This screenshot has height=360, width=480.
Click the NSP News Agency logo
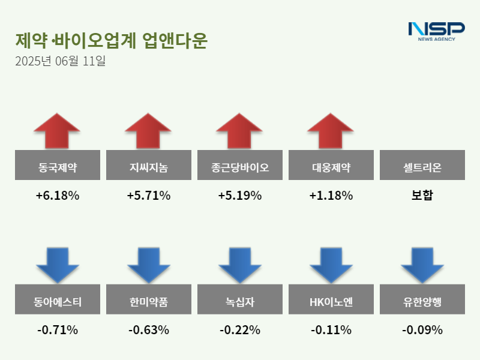tap(436, 31)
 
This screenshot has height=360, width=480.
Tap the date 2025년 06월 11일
tap(60, 61)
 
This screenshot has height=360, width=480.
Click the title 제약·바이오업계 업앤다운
tap(111, 40)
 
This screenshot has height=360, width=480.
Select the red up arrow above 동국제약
tap(57, 130)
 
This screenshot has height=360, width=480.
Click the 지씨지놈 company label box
tap(148, 165)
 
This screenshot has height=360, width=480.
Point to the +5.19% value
tap(239, 196)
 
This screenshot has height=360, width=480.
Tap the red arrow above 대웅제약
tap(331, 130)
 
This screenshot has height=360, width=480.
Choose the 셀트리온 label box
tap(422, 165)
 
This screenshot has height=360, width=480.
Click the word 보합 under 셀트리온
tap(422, 196)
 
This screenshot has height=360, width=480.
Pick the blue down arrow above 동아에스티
tap(57, 265)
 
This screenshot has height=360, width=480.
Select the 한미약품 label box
tap(148, 299)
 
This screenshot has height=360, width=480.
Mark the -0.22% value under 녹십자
tap(239, 330)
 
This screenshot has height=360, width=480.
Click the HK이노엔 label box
tap(331, 299)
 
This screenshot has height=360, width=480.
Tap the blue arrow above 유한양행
tap(422, 265)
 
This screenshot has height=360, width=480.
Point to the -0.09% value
tap(422, 330)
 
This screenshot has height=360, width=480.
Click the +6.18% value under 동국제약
tap(57, 196)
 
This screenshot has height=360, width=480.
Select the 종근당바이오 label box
tap(239, 165)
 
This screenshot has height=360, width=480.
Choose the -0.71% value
tap(57, 330)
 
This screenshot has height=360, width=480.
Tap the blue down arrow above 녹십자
tap(239, 265)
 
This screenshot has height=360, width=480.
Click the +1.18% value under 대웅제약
tap(331, 196)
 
